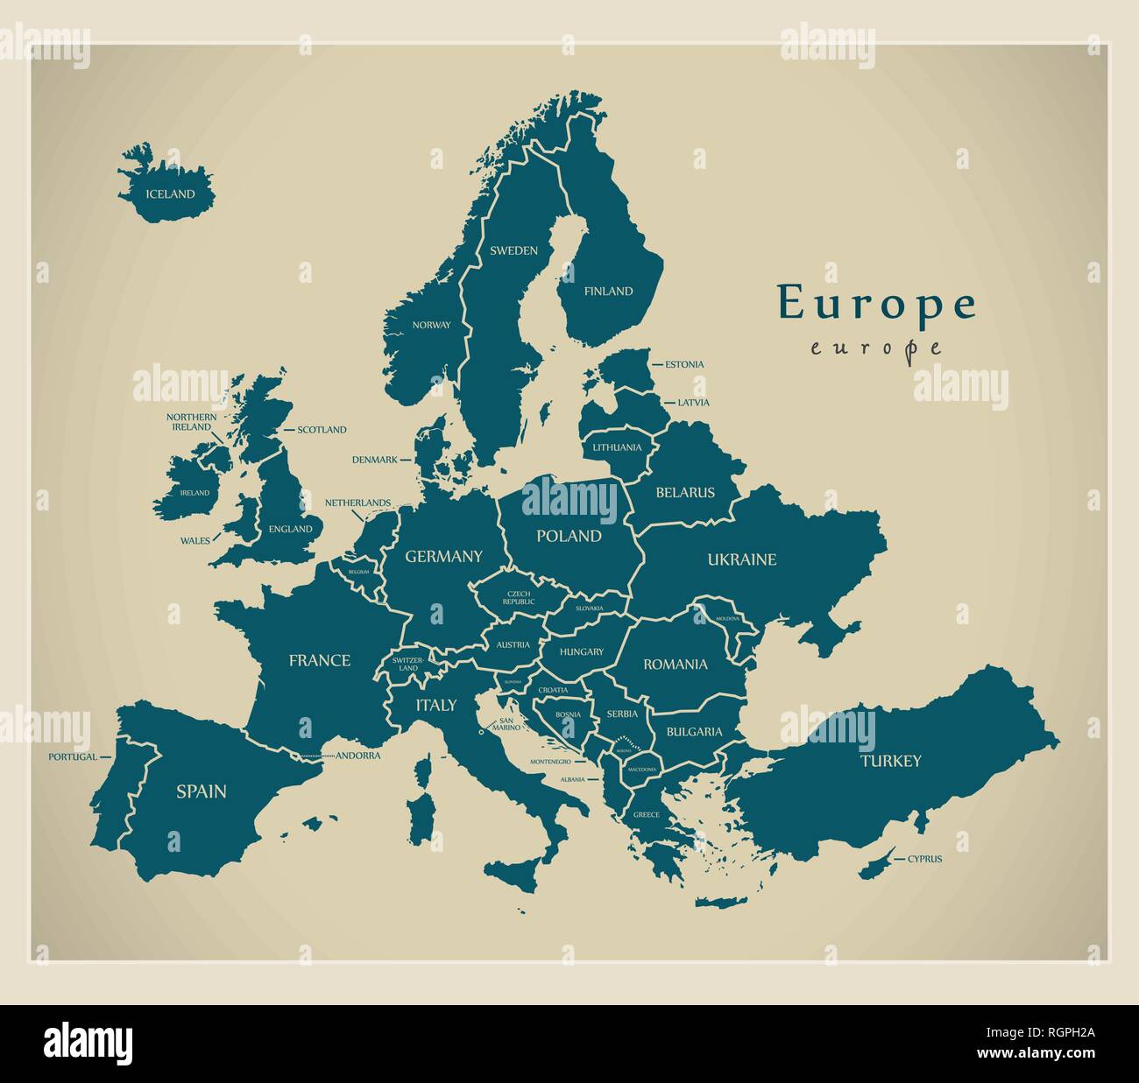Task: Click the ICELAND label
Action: [170, 194]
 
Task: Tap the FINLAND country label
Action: [608, 292]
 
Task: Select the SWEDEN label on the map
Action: [513, 250]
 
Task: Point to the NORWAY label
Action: [431, 325]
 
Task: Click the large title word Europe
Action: [876, 303]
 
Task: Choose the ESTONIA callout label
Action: [684, 364]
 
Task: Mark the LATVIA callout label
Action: [693, 403]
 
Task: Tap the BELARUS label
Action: [685, 493]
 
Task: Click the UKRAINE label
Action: [742, 559]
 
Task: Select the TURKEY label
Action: [890, 761]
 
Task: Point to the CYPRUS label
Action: [924, 859]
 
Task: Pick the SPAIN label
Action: [201, 791]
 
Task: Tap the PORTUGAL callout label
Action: [72, 756]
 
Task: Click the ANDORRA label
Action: [358, 756]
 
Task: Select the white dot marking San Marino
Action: [481, 733]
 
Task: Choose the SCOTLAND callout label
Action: [322, 430]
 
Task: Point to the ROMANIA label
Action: [676, 665]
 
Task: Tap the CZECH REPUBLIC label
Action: [520, 598]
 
